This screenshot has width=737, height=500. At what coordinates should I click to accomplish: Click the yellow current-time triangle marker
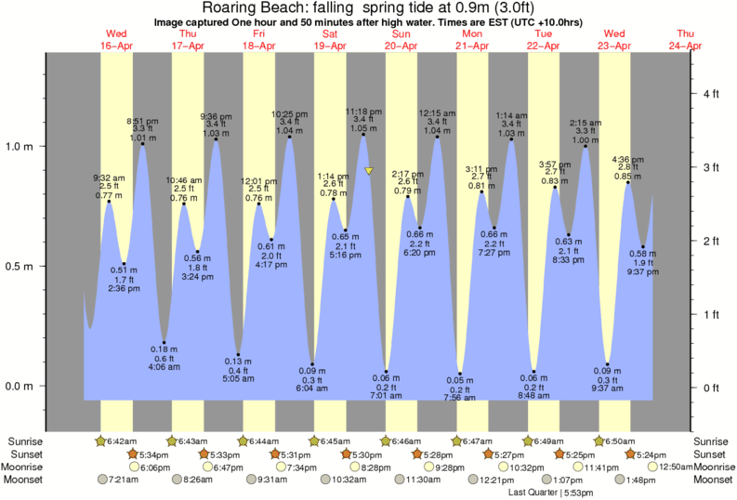coord(369,171)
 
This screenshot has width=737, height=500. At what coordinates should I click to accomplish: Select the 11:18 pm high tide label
coord(362,111)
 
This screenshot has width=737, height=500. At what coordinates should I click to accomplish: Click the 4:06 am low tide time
coord(165,366)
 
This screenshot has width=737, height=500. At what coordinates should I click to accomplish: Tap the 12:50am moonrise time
coord(681,467)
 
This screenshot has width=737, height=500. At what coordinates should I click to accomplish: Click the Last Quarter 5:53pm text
coord(550,493)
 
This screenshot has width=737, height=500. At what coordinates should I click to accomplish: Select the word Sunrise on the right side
coord(713,441)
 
